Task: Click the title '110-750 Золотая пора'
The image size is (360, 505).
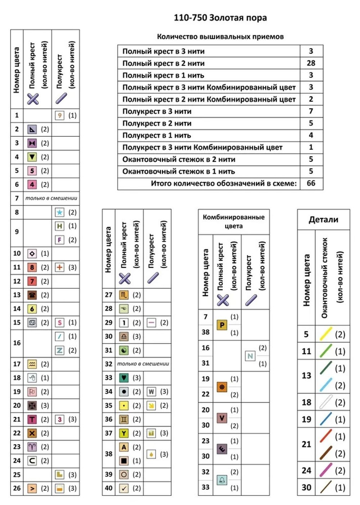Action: coord(220,18)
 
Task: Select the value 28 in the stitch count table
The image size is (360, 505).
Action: coord(311,63)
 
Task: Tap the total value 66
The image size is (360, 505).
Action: coord(311,183)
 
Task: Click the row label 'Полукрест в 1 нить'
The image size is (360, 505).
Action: coord(157,135)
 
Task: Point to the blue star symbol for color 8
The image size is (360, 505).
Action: coord(59,212)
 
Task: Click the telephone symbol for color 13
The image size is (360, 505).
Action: coord(32,295)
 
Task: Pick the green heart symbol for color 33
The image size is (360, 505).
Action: coord(124,378)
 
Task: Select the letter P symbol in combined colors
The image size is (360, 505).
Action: coord(222,325)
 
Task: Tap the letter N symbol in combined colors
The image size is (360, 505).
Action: coord(250,356)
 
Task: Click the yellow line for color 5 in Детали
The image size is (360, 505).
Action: coord(326,334)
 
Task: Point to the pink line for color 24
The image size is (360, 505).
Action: coord(326,470)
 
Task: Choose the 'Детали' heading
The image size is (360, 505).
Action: coord(323,219)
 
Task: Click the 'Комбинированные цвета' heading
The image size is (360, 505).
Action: coord(234,221)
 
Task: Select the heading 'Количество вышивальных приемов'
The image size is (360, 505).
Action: coord(220,36)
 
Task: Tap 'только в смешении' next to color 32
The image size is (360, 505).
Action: coord(143,364)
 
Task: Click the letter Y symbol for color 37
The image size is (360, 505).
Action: coord(124,433)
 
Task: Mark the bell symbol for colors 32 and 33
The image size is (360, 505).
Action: coord(222,480)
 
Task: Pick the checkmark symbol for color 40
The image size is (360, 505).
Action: coord(124,488)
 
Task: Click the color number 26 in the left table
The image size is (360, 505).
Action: coord(17,488)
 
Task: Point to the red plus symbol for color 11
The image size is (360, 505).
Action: coord(59,267)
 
